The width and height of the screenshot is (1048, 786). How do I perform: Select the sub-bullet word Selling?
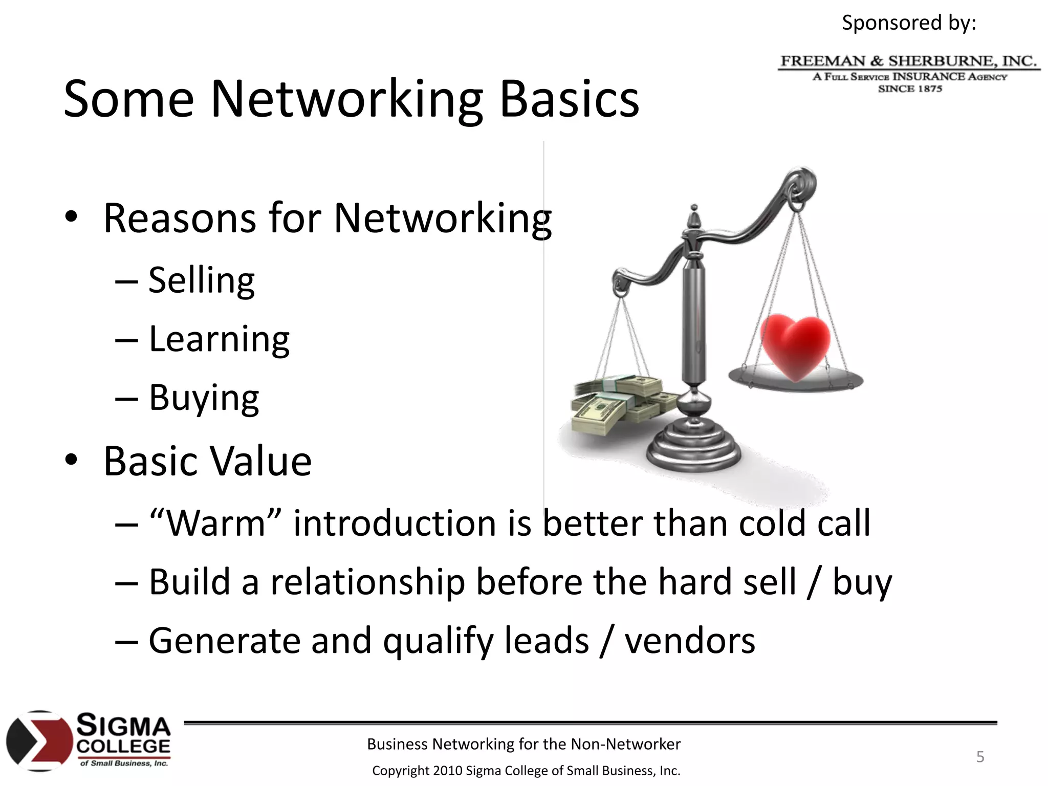click(x=202, y=281)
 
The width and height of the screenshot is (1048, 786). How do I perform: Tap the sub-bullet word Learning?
click(x=219, y=340)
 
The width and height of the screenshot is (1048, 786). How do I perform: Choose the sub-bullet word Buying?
click(x=204, y=398)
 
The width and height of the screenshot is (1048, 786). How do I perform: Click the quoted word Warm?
click(x=215, y=524)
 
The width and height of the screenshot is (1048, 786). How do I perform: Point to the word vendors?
click(x=689, y=641)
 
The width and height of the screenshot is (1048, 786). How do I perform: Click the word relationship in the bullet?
click(x=367, y=582)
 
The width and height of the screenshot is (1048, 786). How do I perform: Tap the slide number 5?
click(x=980, y=757)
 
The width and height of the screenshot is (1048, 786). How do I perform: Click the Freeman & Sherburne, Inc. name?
click(x=908, y=61)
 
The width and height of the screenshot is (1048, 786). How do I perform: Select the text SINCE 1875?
click(x=910, y=89)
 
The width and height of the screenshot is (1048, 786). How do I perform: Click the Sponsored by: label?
click(x=909, y=23)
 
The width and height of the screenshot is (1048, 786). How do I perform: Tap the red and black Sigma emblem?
click(x=39, y=741)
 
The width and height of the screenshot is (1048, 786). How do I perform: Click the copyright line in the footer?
click(x=526, y=771)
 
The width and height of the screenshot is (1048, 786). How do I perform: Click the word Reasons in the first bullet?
click(x=179, y=219)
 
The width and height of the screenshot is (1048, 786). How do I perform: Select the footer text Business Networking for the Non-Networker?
click(x=523, y=744)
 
